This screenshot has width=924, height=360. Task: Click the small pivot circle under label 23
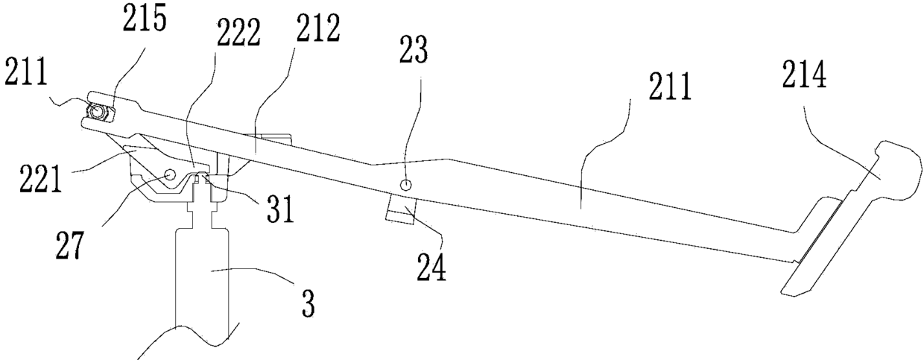[x=405, y=185]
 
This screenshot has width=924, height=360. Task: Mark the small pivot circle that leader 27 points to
[x=168, y=174]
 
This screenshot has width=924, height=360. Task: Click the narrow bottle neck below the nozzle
[x=199, y=216]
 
